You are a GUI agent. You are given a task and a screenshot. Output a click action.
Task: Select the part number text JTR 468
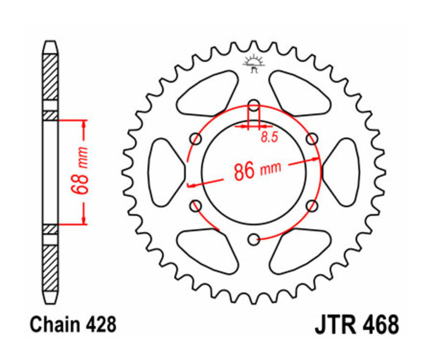[x=356, y=325]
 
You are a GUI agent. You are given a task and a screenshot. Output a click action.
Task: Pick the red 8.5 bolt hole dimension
[x=270, y=138]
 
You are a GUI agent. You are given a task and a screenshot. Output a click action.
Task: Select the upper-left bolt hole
[x=196, y=139]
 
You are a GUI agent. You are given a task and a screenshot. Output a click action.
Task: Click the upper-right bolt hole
[x=312, y=139]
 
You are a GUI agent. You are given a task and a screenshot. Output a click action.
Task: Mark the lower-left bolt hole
[x=196, y=206]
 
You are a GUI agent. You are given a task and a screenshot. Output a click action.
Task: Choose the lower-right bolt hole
[x=312, y=206]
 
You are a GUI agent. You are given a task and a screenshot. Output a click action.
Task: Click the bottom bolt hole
[x=254, y=238]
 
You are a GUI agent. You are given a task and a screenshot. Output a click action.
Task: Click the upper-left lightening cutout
[x=209, y=94]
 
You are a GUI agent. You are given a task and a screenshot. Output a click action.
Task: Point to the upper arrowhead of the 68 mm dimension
[x=84, y=124]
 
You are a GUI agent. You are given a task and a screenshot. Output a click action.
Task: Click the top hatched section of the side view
[x=50, y=77]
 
